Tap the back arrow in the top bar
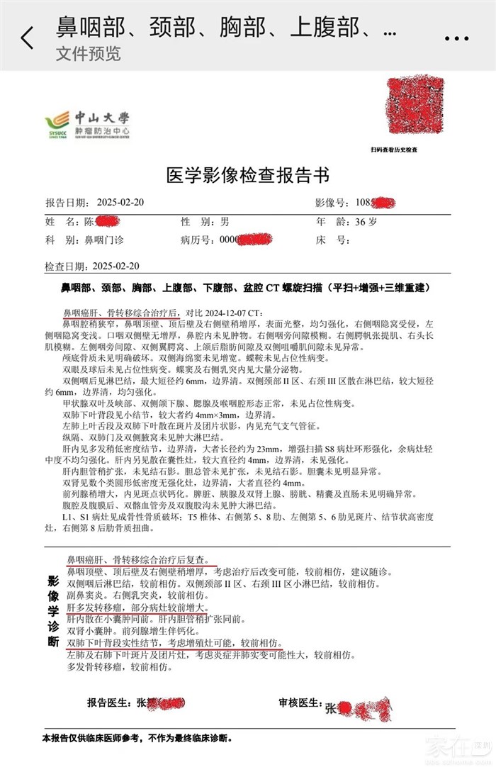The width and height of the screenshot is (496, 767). [x=27, y=38]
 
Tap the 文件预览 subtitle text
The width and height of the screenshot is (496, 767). [x=88, y=54]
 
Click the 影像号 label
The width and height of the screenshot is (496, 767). [x=334, y=203]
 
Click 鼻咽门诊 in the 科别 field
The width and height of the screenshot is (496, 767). [x=103, y=240]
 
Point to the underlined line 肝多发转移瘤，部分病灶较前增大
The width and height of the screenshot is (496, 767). [x=137, y=608]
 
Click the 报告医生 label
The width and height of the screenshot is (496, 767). [x=111, y=703]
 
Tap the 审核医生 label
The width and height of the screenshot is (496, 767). [x=300, y=703]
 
